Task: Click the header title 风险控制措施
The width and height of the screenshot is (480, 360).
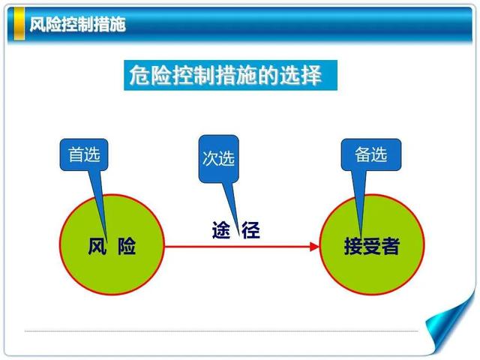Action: pos(77,24)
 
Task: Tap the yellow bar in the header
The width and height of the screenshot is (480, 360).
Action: pos(19,23)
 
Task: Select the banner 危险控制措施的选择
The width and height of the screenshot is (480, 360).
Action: pos(230,75)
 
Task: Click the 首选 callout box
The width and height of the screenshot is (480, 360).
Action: pos(84,154)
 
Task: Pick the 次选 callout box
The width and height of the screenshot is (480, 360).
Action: pos(218,159)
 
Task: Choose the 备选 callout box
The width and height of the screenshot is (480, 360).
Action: pos(371,154)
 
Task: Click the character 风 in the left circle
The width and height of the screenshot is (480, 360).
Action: pos(97,246)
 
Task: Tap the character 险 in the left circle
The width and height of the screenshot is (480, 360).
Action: pos(127,246)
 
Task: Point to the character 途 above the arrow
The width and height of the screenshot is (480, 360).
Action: pos(221,230)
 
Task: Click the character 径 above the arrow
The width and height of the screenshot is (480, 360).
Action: pos(250,230)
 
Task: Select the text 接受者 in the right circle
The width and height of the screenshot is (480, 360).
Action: pos(372,246)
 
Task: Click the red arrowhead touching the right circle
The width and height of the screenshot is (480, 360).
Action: pos(314,247)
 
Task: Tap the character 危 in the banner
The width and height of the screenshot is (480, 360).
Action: pos(139,75)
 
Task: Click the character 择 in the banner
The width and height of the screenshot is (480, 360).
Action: pos(311,75)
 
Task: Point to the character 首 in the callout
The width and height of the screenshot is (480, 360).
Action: pos(76,154)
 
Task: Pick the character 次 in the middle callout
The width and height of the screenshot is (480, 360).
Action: pos(210,158)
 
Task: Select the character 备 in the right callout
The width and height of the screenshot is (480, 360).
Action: pos(363,154)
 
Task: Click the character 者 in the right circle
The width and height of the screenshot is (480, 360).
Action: pos(391,246)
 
